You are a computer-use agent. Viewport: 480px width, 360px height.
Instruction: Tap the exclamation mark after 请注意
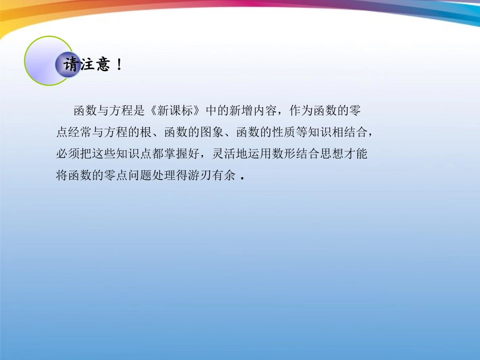(x=119, y=65)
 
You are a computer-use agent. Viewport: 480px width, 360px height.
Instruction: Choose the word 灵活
(x=220, y=154)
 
